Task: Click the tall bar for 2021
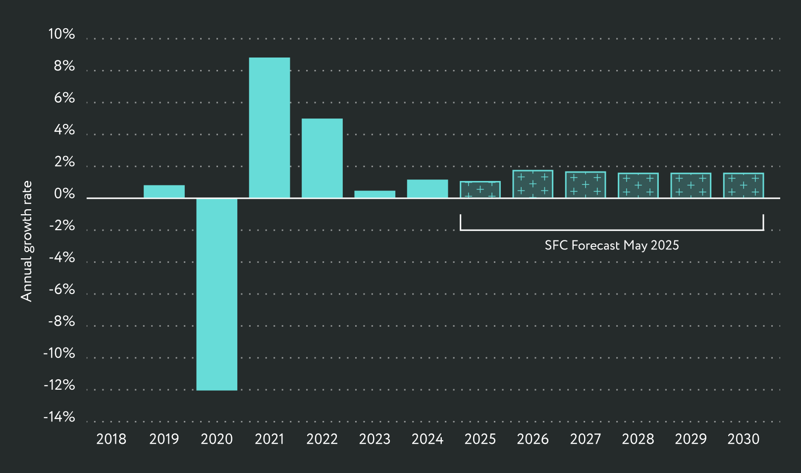pyautogui.click(x=269, y=128)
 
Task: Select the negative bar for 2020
pyautogui.click(x=216, y=294)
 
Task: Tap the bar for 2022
pyautogui.click(x=322, y=158)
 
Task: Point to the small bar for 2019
pyautogui.click(x=164, y=191)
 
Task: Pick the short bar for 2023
pyautogui.click(x=374, y=194)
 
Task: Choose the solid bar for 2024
pyautogui.click(x=427, y=189)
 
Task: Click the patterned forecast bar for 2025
pyautogui.click(x=480, y=190)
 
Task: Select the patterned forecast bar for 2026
pyautogui.click(x=533, y=184)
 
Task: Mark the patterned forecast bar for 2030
pyautogui.click(x=743, y=185)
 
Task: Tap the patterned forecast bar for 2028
pyautogui.click(x=638, y=185)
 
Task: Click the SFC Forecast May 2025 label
pyautogui.click(x=612, y=245)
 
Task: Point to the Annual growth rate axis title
pyautogui.click(x=26, y=241)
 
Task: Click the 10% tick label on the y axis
pyautogui.click(x=61, y=34)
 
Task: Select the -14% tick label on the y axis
pyautogui.click(x=59, y=417)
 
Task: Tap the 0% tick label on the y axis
pyautogui.click(x=64, y=194)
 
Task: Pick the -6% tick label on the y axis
pyautogui.click(x=61, y=290)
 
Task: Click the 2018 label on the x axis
pyautogui.click(x=111, y=439)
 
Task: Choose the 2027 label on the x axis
pyautogui.click(x=585, y=439)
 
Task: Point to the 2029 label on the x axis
pyautogui.click(x=691, y=439)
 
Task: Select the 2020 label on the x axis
pyautogui.click(x=216, y=439)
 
